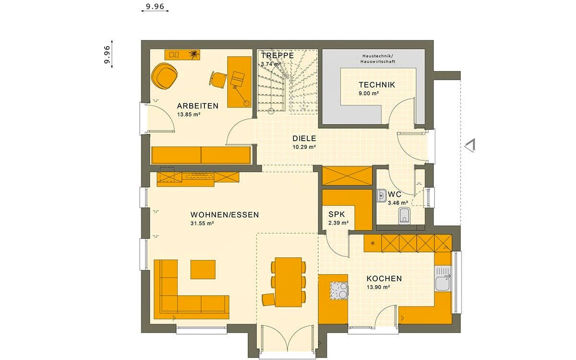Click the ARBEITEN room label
pyautogui.click(x=197, y=106)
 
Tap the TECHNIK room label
pyautogui.click(x=377, y=85)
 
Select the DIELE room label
pyautogui.click(x=304, y=138)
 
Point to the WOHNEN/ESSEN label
pyautogui.click(x=224, y=215)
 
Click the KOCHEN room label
pyautogui.click(x=384, y=278)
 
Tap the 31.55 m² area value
pyautogui.click(x=202, y=223)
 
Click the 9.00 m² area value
pyautogui.click(x=369, y=94)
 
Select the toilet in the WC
pyautogui.click(x=404, y=216)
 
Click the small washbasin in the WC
pyautogui.click(x=382, y=195)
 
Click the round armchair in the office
pyautogui.click(x=164, y=76)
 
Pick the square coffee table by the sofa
pyautogui.click(x=203, y=269)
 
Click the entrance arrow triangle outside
pyautogui.click(x=470, y=145)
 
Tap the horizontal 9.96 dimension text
pyautogui.click(x=154, y=6)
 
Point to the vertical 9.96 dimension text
pyautogui.click(x=107, y=54)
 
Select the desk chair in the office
pyautogui.click(x=218, y=79)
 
